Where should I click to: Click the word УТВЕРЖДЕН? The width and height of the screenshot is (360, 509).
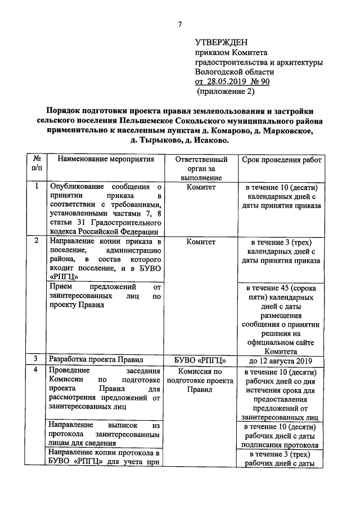221,42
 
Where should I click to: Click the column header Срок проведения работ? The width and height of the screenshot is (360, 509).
282,160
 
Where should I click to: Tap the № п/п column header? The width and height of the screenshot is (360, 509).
37,164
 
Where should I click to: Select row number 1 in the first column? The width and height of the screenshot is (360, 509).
37,187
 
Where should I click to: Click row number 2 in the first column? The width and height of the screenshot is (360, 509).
37,241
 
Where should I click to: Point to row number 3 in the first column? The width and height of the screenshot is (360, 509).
37,359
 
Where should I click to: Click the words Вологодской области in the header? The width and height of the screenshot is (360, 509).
235,71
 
